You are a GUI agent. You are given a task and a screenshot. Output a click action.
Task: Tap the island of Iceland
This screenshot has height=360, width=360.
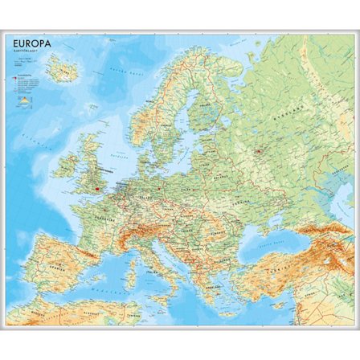tap(61, 70)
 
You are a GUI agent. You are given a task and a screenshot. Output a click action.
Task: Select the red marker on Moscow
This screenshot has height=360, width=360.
tap(259, 150)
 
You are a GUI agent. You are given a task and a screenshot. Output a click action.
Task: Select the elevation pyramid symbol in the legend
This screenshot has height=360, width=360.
tap(23, 101)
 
